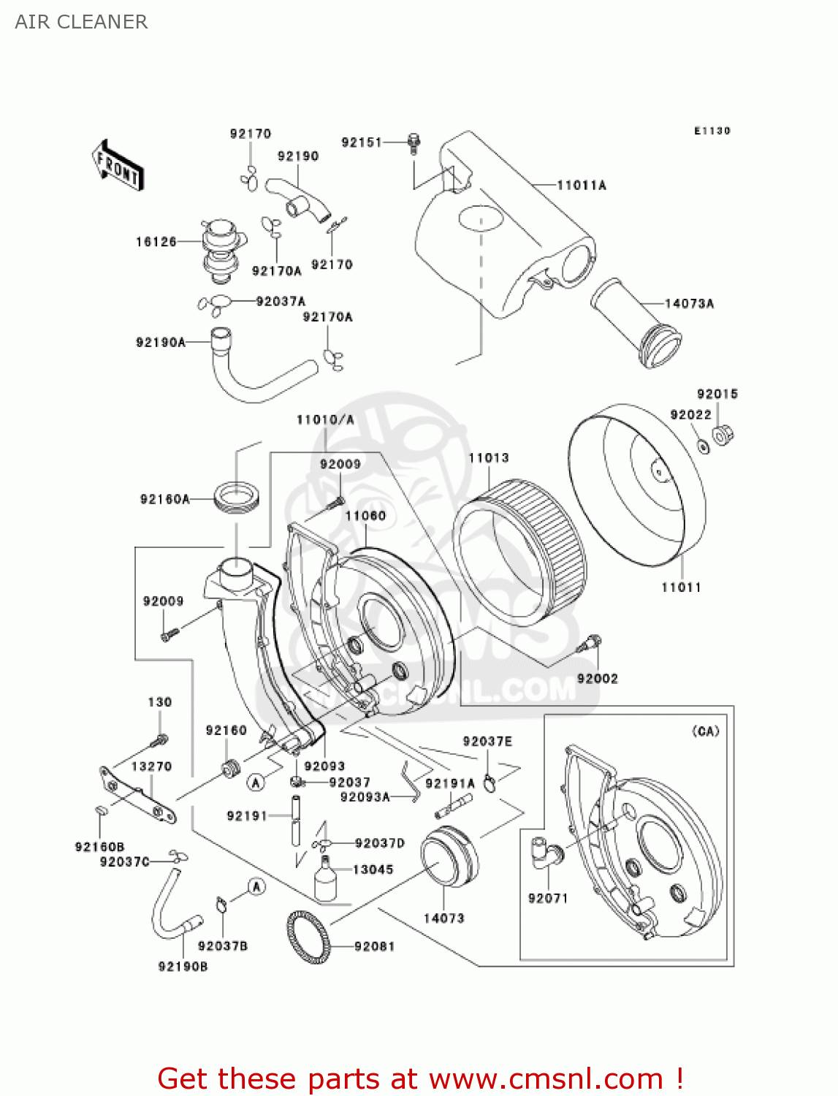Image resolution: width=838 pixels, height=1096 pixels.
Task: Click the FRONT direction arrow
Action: click(x=118, y=166)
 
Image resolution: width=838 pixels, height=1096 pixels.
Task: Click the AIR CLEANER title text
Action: click(x=81, y=22)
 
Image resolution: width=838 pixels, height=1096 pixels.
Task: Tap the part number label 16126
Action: click(x=156, y=242)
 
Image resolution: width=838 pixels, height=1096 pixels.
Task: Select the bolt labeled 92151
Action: click(x=414, y=143)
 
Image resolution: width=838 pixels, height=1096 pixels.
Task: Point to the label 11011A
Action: click(x=581, y=186)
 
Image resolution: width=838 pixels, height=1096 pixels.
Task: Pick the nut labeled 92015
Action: click(x=723, y=435)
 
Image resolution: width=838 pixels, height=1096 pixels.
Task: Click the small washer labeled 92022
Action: click(x=702, y=446)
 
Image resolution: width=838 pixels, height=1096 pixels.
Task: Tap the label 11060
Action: click(x=365, y=516)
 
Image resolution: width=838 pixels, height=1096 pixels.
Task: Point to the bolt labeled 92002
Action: click(x=589, y=644)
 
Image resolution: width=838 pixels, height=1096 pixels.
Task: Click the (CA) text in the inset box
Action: click(x=705, y=731)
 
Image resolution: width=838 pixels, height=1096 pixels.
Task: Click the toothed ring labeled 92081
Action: click(x=308, y=938)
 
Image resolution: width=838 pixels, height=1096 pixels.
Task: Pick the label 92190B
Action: click(x=183, y=967)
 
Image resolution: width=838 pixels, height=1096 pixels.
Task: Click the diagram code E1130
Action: click(x=712, y=131)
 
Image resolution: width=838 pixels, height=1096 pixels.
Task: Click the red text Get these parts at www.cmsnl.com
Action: click(x=420, y=1078)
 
